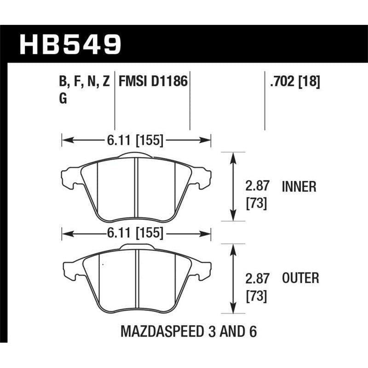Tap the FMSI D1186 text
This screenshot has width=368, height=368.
tap(153, 82)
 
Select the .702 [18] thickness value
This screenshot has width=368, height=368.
tap(293, 82)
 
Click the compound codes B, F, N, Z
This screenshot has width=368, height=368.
tap(84, 82)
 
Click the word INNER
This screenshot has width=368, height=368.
tap(299, 186)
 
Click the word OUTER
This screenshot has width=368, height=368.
tap(300, 278)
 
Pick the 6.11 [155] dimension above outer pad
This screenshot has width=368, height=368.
tap(137, 233)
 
